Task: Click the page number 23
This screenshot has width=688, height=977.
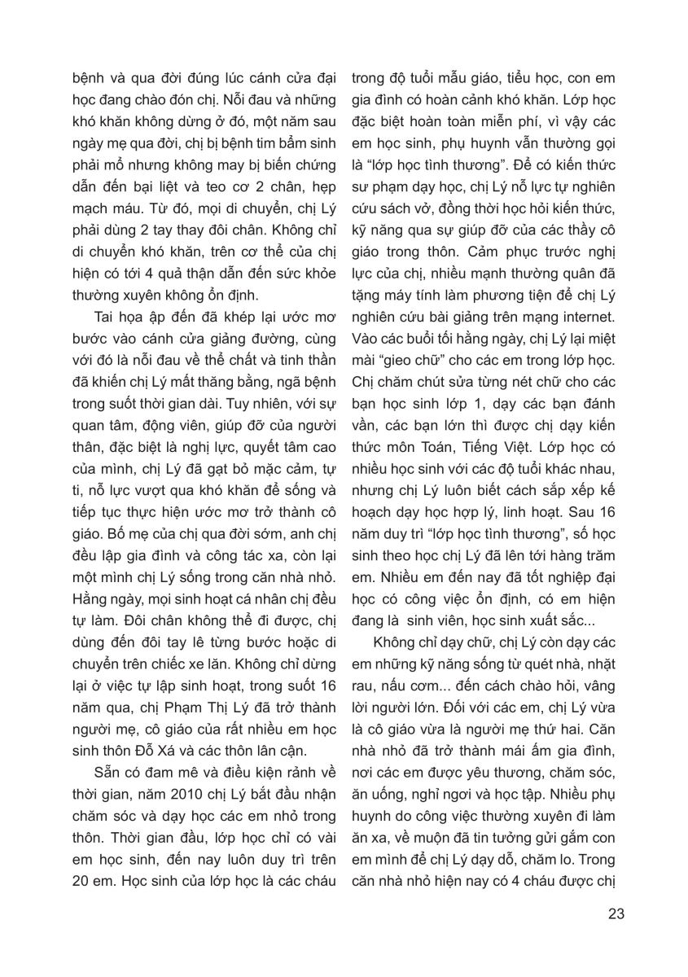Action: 616,913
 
